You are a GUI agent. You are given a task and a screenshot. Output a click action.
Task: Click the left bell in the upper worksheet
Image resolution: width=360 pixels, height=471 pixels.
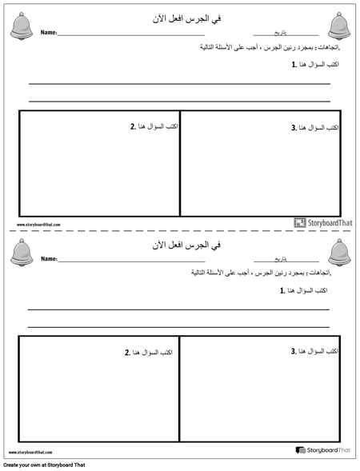(21, 26)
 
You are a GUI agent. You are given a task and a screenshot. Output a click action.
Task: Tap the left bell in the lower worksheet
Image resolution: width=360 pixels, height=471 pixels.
(22, 253)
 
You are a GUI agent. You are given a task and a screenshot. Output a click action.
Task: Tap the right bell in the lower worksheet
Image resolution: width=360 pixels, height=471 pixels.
(339, 253)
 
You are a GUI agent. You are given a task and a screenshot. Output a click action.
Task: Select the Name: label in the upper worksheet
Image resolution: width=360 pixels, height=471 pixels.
(49, 34)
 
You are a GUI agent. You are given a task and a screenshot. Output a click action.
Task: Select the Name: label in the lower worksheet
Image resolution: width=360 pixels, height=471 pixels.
(49, 260)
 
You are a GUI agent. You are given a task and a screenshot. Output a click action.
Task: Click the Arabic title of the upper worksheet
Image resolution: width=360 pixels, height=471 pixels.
(180, 17)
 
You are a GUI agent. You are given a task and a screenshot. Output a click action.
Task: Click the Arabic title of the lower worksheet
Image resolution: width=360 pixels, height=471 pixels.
(180, 243)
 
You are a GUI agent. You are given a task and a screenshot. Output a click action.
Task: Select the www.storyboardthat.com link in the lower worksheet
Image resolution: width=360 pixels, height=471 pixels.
(31, 453)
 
